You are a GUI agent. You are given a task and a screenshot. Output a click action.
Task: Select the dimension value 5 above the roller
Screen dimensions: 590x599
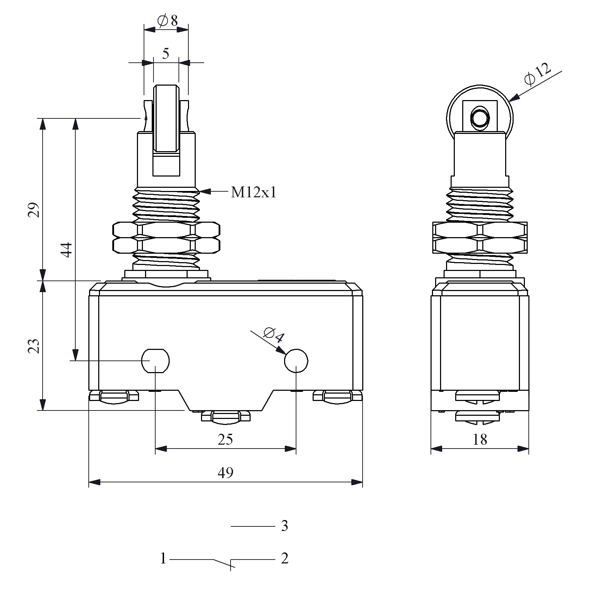[166, 54]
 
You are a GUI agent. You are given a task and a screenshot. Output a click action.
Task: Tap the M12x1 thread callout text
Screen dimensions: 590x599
[253, 192]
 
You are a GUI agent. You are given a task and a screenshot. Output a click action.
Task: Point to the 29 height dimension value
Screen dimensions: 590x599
[34, 210]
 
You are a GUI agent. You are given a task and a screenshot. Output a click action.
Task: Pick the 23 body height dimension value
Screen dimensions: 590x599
[34, 346]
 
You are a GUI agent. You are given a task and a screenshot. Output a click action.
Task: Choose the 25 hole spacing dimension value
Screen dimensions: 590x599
[225, 439]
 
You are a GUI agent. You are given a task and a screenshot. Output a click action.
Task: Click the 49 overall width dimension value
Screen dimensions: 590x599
[225, 473]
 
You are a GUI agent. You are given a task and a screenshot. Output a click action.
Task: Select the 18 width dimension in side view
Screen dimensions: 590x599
[480, 439]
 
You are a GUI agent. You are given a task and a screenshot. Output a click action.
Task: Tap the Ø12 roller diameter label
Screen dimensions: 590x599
[538, 74]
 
